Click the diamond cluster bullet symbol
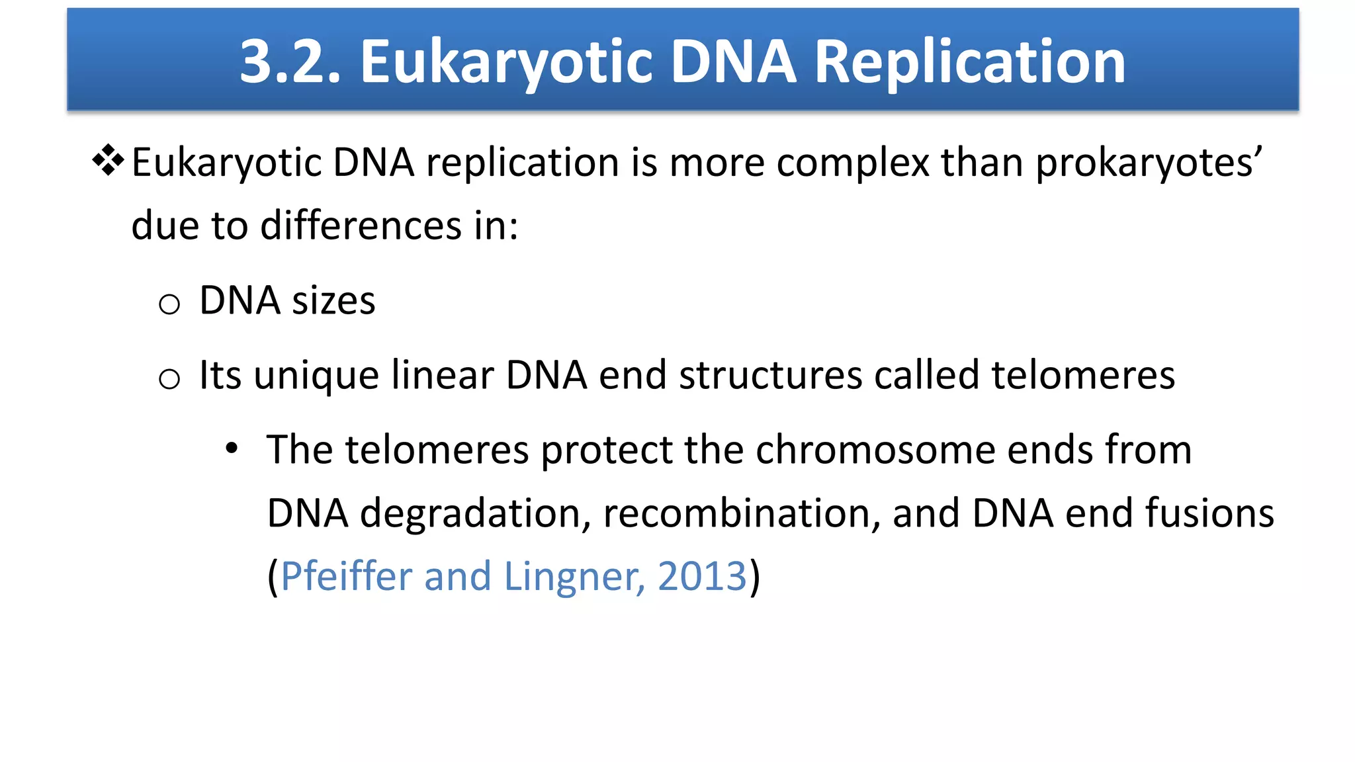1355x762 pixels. pyautogui.click(x=108, y=161)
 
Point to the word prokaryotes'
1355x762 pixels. pyautogui.click(x=1149, y=163)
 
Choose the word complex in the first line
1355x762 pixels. pyautogui.click(x=853, y=163)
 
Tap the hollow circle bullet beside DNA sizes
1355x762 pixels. pyautogui.click(x=169, y=304)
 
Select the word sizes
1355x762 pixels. pyautogui.click(x=333, y=301)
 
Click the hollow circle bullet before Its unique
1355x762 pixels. pyautogui.click(x=169, y=379)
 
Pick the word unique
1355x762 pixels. pyautogui.click(x=316, y=376)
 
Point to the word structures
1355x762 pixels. pyautogui.click(x=770, y=375)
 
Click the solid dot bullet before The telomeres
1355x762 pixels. pyautogui.click(x=231, y=448)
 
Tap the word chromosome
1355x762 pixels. pyautogui.click(x=875, y=450)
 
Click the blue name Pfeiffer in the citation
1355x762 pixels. pyautogui.click(x=347, y=576)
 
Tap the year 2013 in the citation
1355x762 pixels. pyautogui.click(x=702, y=576)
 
